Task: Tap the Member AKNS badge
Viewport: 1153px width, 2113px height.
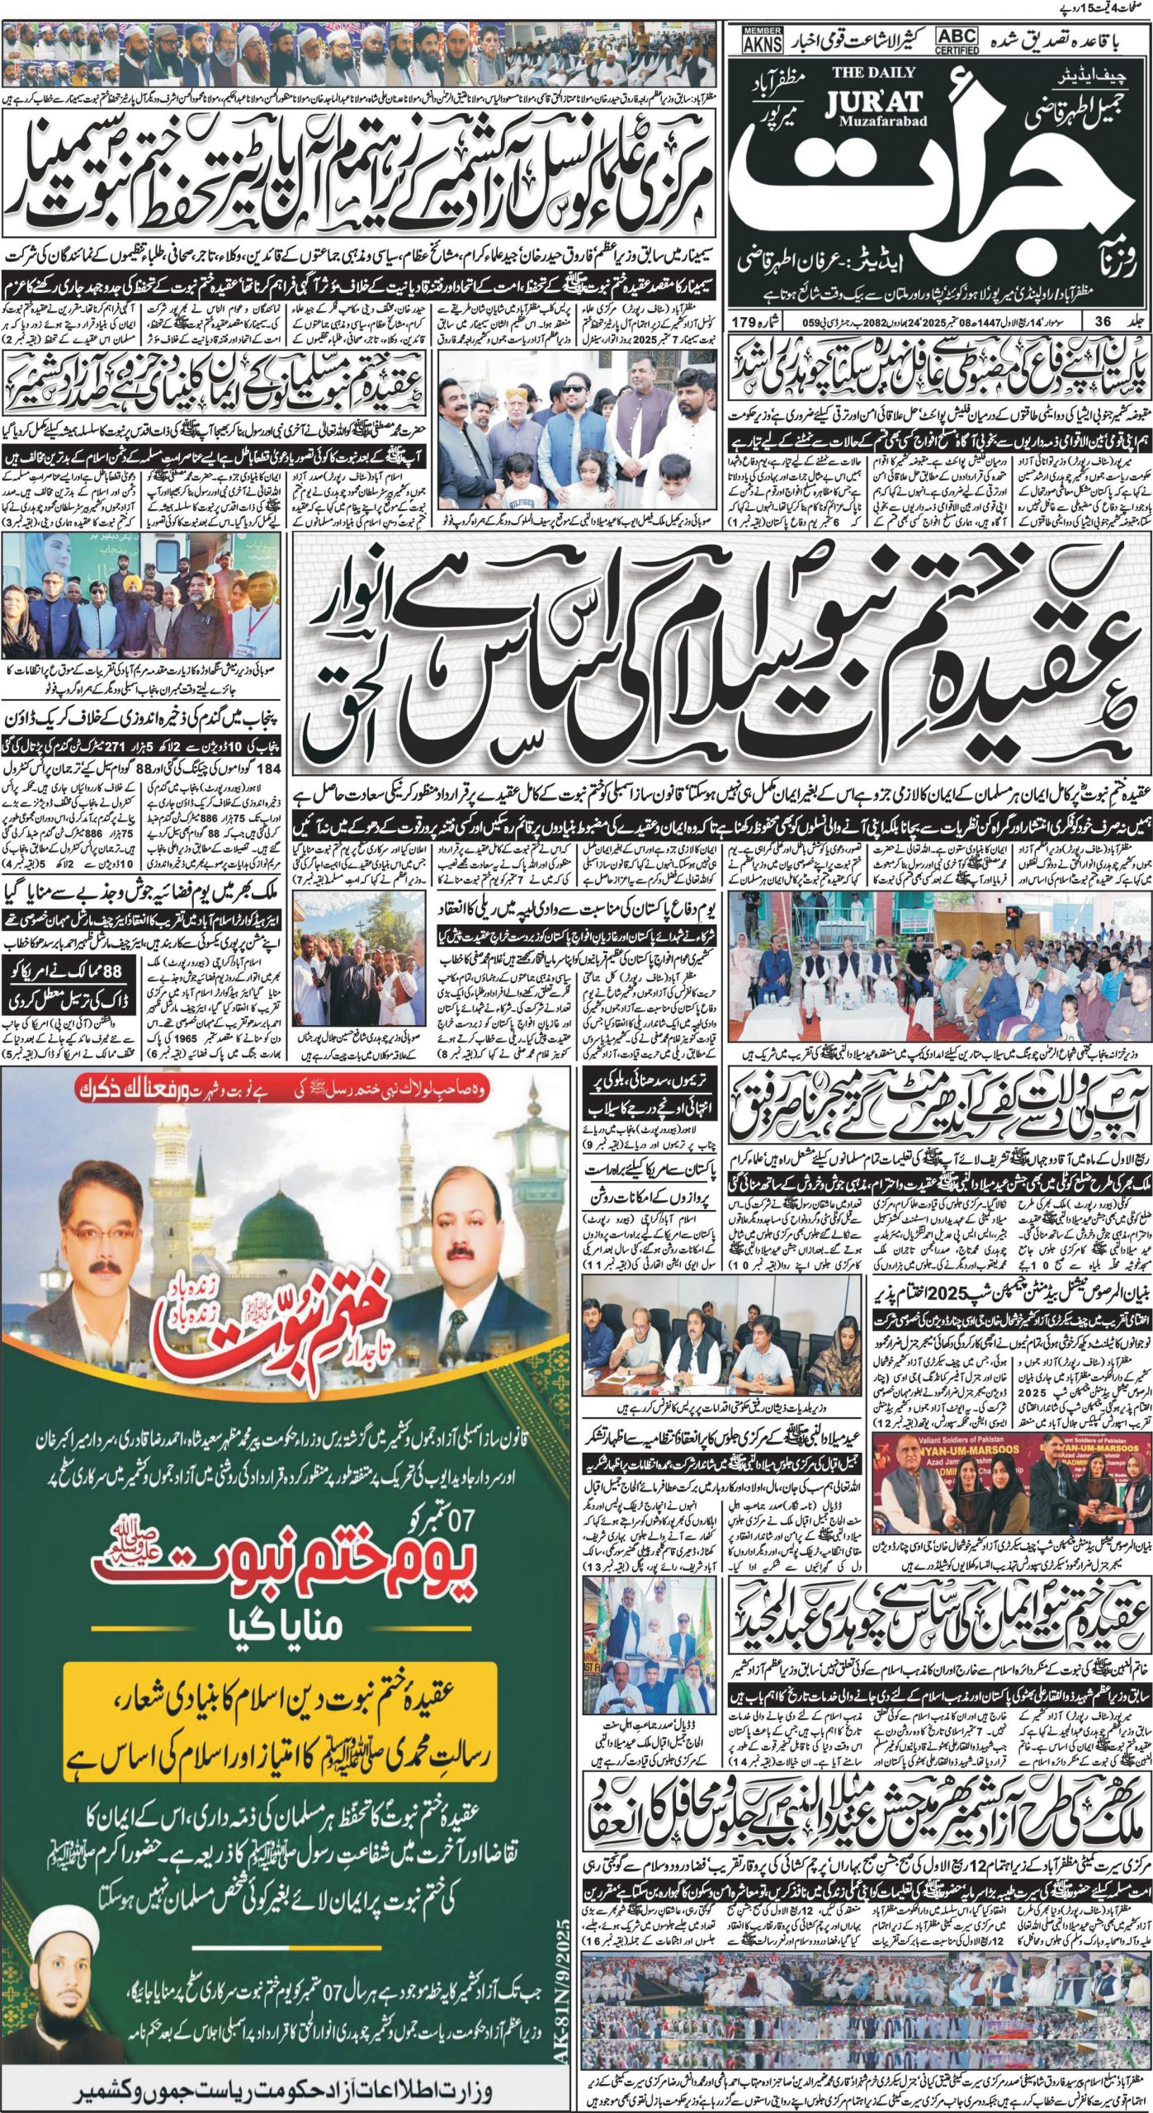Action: pyautogui.click(x=763, y=40)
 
